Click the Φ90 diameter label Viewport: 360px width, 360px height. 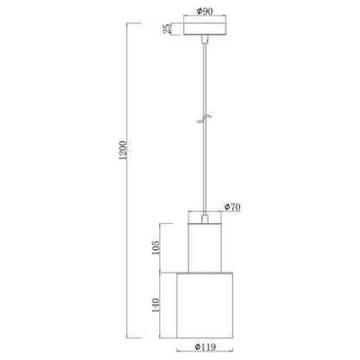coord(205,11)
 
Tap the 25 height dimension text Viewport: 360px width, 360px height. coord(167,29)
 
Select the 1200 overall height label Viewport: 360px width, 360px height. coord(123,151)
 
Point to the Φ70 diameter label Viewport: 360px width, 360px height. coord(233,207)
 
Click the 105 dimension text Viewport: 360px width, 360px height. coord(155,247)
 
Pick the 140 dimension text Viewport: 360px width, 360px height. coord(155,305)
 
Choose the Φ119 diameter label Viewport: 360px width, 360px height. coord(205,346)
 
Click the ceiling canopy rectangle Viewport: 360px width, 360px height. coord(205,29)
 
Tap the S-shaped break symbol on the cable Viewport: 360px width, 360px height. coord(205,119)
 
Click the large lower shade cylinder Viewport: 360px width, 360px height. coord(205,305)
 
